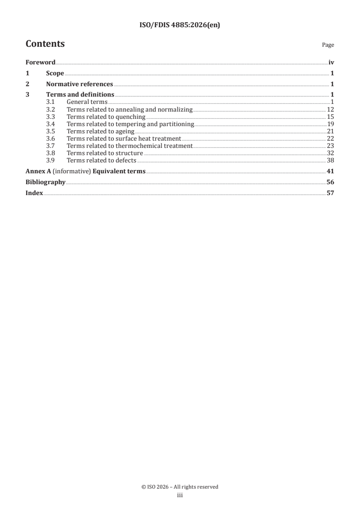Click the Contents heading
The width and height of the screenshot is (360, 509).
[45, 44]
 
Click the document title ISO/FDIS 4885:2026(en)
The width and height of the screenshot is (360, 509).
[179, 26]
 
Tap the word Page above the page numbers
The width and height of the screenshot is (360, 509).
[328, 45]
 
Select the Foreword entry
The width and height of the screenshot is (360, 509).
[40, 63]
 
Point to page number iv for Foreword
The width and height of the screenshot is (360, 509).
[331, 63]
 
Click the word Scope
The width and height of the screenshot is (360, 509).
[55, 73]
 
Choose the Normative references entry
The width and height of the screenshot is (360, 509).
[79, 84]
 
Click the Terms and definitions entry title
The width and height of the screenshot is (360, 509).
[80, 94]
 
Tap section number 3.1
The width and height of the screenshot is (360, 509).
[50, 102]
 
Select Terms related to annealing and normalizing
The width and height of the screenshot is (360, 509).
[130, 110]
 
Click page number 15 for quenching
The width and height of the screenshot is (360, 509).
[330, 117]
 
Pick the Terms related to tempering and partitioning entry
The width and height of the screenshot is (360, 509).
[130, 124]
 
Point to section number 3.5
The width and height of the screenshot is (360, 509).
[50, 132]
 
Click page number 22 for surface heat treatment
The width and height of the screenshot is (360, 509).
[330, 139]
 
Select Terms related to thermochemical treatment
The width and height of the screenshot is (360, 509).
[129, 146]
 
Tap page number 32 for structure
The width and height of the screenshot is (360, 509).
[330, 153]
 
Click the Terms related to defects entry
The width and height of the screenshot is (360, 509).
[101, 161]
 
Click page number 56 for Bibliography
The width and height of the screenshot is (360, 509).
[330, 182]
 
